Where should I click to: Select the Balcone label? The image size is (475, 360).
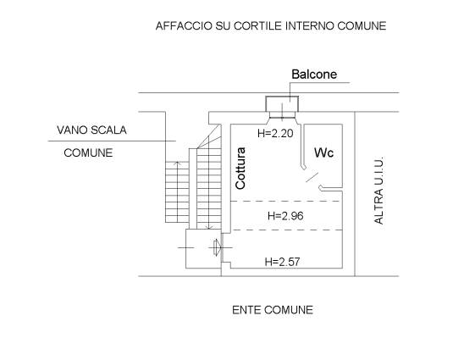pos(314,75)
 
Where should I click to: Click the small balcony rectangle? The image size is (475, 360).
pos(282,104)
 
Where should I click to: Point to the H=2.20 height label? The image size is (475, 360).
pos(275,133)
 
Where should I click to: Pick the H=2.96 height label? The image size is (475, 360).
pos(285,216)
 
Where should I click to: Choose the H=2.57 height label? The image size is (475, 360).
pos(282,262)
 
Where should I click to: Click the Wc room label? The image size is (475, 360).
pos(323,152)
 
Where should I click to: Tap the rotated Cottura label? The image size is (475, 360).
pos(240,169)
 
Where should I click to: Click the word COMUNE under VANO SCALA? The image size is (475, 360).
pos(88,152)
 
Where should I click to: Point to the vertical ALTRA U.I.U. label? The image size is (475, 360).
pos(378,191)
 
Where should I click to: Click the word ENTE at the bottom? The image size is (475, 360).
pos(246,310)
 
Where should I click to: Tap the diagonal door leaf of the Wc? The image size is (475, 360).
pos(312,177)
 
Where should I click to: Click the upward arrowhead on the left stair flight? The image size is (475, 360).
pos(178,163)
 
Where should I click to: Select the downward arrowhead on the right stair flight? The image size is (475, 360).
pos(209,227)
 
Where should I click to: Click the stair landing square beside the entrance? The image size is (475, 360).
pos(203,248)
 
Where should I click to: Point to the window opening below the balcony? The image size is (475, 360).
pos(282,115)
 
